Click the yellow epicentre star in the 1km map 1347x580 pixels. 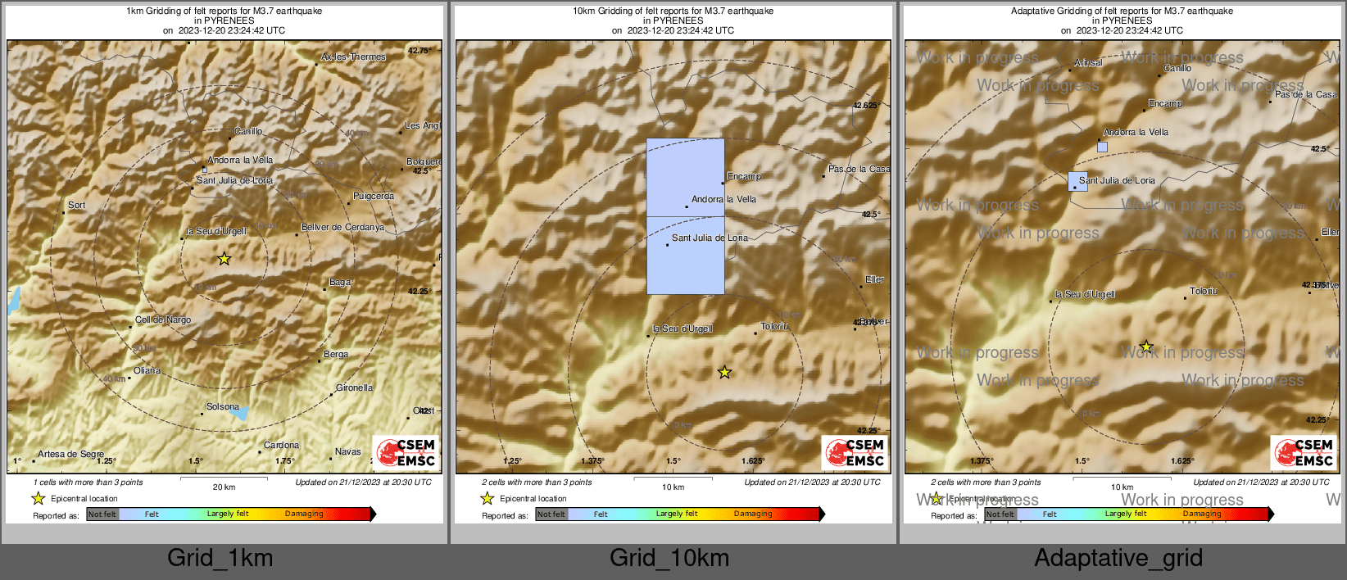click(x=224, y=259)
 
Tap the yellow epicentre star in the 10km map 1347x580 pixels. click(x=724, y=373)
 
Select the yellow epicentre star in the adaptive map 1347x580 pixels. click(x=1146, y=347)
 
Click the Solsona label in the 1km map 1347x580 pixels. click(x=222, y=406)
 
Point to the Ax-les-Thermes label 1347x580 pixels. click(x=353, y=57)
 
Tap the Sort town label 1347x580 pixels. click(x=76, y=206)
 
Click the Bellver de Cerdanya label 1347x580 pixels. click(x=342, y=228)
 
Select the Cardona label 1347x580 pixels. click(x=281, y=446)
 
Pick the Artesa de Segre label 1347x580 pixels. click(x=70, y=454)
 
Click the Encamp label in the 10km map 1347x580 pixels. click(x=744, y=177)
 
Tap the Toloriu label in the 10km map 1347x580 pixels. click(x=774, y=327)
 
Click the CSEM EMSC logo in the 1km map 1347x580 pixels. click(x=406, y=452)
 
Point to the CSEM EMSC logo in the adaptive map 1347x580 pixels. click(x=1304, y=452)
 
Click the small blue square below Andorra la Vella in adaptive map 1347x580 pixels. click(x=1102, y=147)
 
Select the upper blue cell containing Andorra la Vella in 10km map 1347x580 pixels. click(x=685, y=177)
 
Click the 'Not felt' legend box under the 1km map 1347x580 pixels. click(x=102, y=514)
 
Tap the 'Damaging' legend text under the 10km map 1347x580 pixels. click(x=753, y=514)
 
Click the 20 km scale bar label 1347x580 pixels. click(x=224, y=487)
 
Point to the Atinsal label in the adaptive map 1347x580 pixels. click(x=1088, y=63)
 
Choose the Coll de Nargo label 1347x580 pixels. click(x=163, y=320)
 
